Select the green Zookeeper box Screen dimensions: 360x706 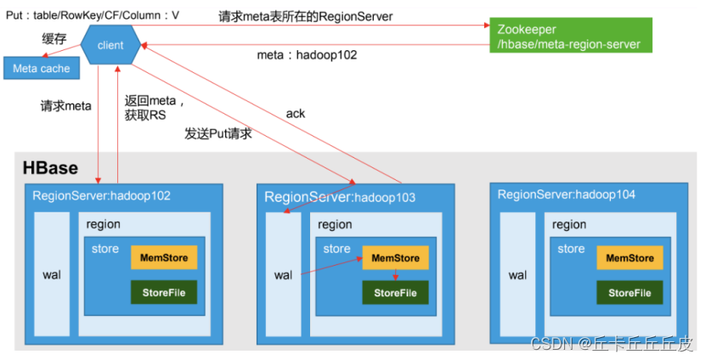tap(569, 36)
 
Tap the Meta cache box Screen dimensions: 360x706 tap(42, 68)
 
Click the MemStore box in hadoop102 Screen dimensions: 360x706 tap(164, 257)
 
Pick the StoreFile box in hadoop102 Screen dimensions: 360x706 tap(164, 293)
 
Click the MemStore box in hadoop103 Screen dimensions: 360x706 tap(395, 257)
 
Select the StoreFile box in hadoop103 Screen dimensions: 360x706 tap(395, 293)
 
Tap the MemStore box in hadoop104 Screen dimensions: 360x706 tap(630, 257)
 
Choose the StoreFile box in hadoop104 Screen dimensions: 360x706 tap(630, 293)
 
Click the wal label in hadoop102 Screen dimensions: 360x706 tap(52, 275)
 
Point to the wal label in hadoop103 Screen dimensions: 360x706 tap(283, 275)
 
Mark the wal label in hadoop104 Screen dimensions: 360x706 tap(517, 275)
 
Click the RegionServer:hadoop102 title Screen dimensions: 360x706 tap(101, 195)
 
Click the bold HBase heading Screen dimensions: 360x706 tap(49, 168)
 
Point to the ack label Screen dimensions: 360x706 tap(295, 113)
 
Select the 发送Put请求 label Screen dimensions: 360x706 tap(218, 134)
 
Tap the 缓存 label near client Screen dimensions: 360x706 tap(54, 38)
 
